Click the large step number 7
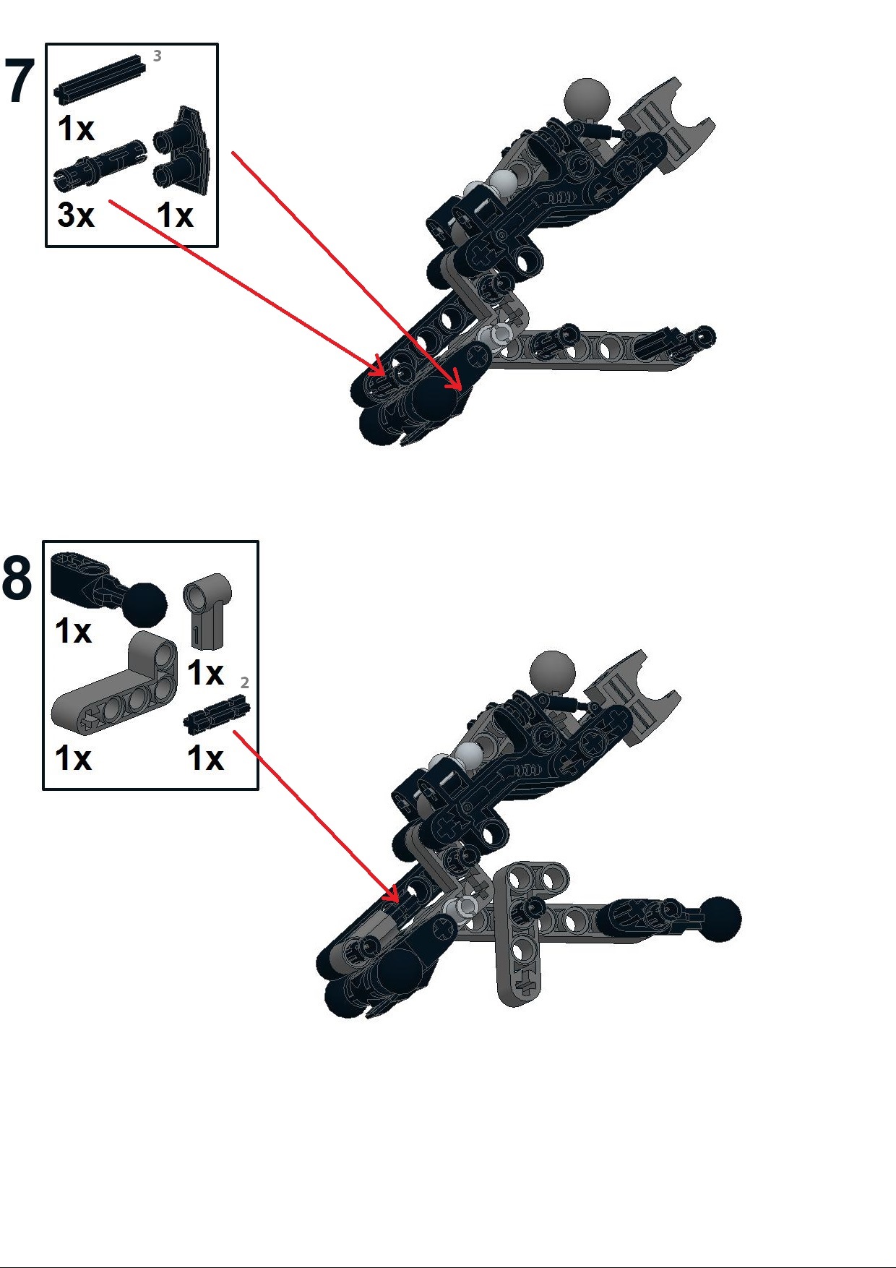[20, 81]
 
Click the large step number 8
[17, 578]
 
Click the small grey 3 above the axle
[157, 56]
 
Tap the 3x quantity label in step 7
[76, 215]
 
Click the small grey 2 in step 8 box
[244, 682]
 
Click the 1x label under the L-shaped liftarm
[73, 758]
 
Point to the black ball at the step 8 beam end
[719, 919]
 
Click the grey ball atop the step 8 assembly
[552, 672]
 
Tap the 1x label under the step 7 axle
[76, 129]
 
